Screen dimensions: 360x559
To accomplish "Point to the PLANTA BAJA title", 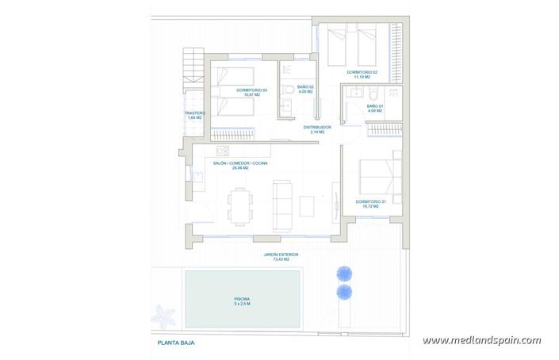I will [176, 343].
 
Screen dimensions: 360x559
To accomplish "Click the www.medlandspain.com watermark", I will [481, 341].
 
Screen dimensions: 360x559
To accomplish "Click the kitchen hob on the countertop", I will [223, 151].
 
